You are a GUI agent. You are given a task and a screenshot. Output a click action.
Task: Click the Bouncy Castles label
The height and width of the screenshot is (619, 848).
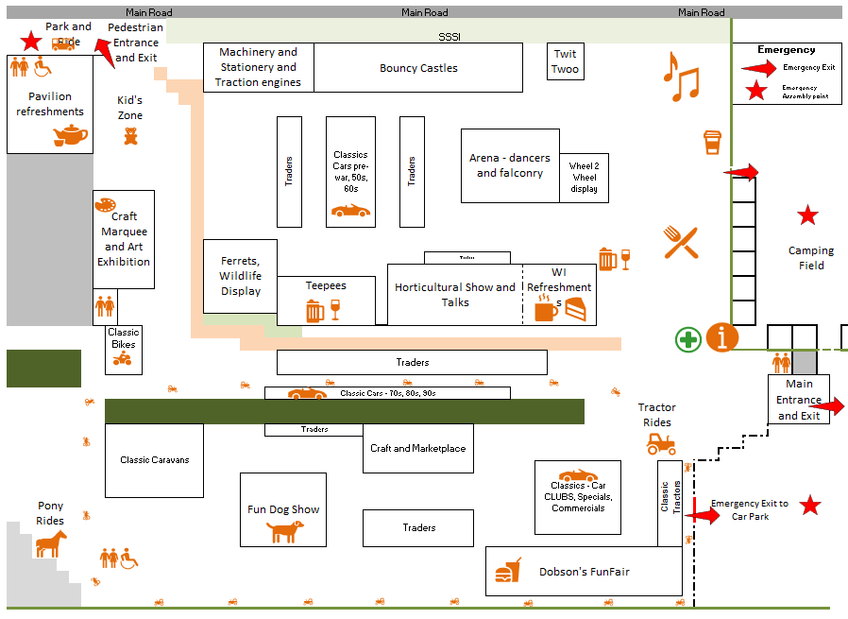coord(418,68)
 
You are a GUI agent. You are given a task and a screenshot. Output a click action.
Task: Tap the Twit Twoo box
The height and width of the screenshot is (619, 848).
coord(566,62)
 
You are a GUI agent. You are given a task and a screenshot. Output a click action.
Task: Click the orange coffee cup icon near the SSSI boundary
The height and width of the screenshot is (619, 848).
coord(712,143)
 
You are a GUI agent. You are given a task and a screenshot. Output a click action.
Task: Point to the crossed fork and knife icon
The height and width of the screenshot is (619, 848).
coord(680,243)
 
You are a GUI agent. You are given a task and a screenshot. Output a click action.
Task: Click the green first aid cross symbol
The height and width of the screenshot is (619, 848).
coord(687,339)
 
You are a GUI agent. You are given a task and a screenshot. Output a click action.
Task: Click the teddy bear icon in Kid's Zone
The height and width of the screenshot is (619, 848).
coord(131,136)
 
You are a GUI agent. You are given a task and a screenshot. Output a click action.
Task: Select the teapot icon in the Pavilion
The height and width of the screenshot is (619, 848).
coord(70,136)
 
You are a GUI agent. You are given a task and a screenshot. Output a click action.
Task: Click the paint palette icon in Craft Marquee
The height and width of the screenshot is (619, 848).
coord(105,205)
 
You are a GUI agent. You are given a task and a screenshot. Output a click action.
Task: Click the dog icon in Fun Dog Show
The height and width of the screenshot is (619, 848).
coord(284,531)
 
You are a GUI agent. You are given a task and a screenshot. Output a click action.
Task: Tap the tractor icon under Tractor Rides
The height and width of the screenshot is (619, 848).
coord(661,443)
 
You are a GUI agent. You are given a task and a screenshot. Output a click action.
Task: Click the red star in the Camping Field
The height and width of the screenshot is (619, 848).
coord(807,215)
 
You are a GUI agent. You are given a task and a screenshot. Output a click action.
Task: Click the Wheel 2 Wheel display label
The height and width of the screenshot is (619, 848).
coord(585,178)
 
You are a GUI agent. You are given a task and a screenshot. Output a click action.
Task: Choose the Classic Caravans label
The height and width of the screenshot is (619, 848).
coord(154,460)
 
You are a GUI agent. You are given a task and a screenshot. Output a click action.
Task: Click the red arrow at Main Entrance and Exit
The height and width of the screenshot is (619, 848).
coord(827,407)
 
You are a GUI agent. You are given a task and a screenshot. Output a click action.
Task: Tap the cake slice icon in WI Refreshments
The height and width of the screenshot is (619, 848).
coord(575,309)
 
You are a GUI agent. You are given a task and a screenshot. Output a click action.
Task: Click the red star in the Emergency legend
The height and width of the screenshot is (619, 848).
coord(755,91)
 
